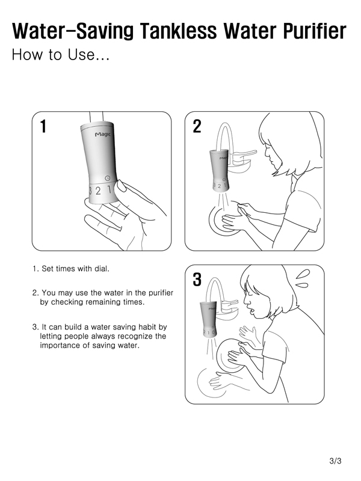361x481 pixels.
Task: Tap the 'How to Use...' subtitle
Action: (x=61, y=55)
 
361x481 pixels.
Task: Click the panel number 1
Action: (x=43, y=126)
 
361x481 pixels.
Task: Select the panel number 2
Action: (x=197, y=126)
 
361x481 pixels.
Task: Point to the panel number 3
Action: (x=197, y=280)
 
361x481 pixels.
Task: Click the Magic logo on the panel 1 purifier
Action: (x=102, y=134)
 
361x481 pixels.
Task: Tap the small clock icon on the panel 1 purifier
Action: (x=107, y=178)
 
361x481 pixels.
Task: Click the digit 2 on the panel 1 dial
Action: (x=98, y=191)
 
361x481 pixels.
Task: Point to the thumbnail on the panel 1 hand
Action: (x=122, y=186)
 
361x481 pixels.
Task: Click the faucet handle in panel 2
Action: (x=244, y=153)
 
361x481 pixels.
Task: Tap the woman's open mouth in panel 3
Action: (x=252, y=311)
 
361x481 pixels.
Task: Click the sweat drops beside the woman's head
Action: (x=303, y=278)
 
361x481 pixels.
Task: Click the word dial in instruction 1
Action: (x=102, y=269)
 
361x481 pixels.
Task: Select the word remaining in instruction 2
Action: (x=103, y=302)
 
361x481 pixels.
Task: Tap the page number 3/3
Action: (x=335, y=461)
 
